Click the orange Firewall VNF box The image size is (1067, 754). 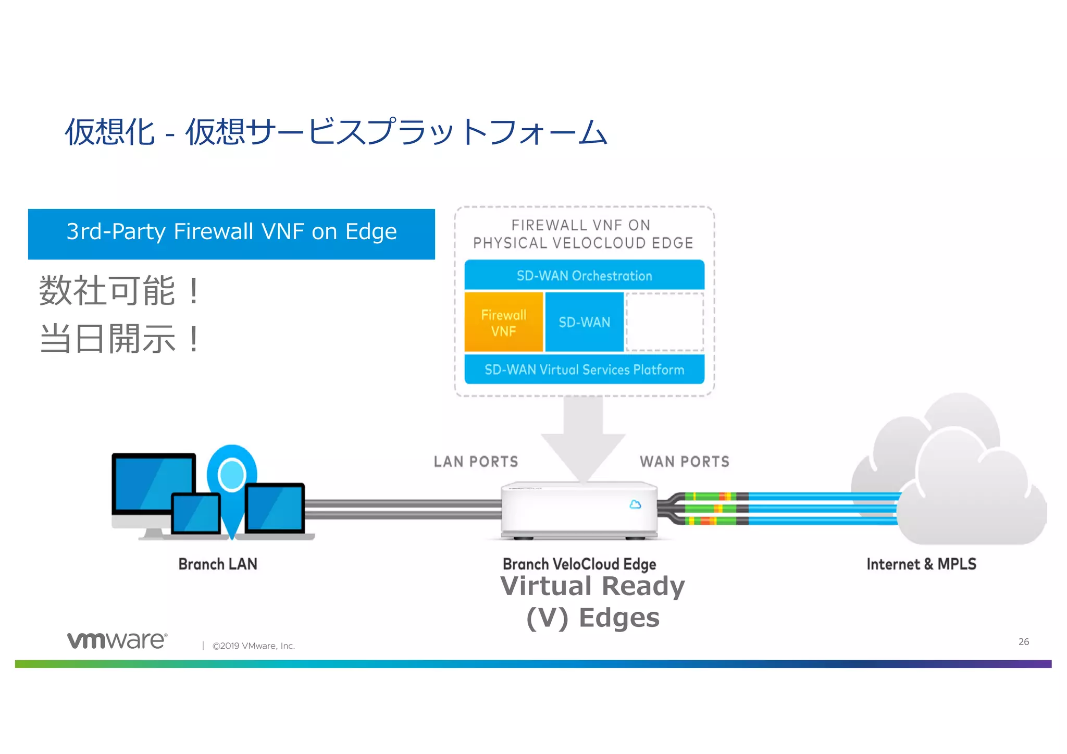503,323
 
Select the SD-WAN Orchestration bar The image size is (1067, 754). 584,276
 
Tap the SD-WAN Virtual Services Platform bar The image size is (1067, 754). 584,369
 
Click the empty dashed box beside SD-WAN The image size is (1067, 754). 664,322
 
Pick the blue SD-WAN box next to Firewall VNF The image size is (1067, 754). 584,322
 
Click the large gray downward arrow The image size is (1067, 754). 583,438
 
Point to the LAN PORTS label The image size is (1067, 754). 476,462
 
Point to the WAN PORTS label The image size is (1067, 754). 684,462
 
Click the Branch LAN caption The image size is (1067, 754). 218,564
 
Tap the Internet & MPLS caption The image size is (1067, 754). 921,564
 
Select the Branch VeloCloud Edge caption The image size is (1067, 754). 579,564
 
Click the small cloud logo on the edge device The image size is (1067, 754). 635,504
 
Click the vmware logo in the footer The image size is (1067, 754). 117,640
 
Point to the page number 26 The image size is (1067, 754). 1023,641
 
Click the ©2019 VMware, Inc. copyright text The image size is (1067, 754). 253,646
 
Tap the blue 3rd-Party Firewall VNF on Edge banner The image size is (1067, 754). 231,234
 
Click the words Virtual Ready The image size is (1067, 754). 592,586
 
